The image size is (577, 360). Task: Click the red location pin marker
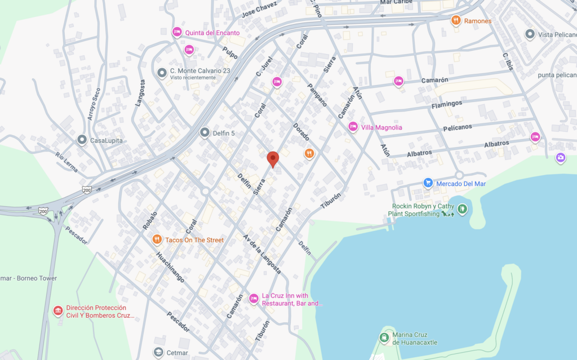(x=273, y=159)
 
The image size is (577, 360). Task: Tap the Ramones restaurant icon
(x=456, y=21)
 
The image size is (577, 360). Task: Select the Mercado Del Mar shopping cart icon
(x=428, y=183)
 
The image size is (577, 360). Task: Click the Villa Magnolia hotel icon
(x=353, y=127)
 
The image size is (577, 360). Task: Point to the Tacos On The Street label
(x=194, y=240)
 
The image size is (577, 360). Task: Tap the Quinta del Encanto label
(x=215, y=33)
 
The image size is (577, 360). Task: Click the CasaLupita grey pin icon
(x=82, y=139)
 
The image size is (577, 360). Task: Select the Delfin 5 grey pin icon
(x=205, y=132)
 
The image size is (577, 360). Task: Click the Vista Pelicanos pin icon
(x=530, y=34)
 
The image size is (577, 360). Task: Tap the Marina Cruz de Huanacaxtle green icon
(x=384, y=337)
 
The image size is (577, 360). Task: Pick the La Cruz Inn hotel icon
(x=254, y=298)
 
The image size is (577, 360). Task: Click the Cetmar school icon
(x=158, y=352)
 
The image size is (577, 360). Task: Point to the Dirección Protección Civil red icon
(x=57, y=311)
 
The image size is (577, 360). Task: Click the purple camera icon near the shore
(x=560, y=158)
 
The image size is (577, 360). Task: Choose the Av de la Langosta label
(x=262, y=253)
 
